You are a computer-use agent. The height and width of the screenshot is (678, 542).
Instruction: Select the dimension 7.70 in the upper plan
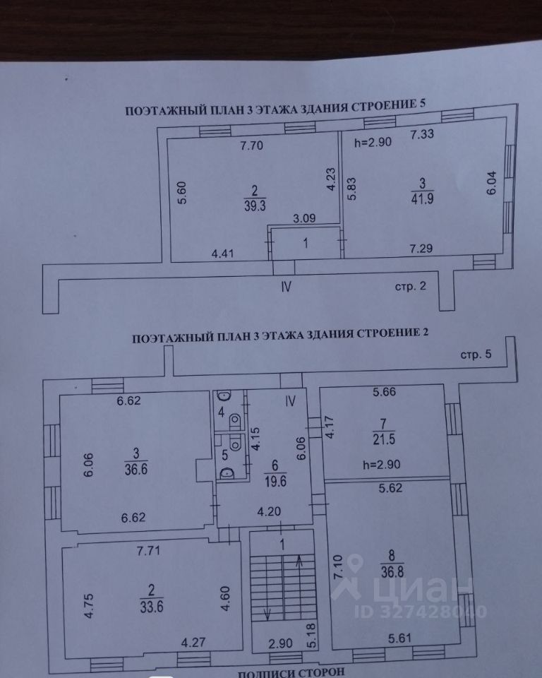click(251, 148)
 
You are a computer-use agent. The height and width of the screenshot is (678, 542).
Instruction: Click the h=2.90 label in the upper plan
click(371, 141)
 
